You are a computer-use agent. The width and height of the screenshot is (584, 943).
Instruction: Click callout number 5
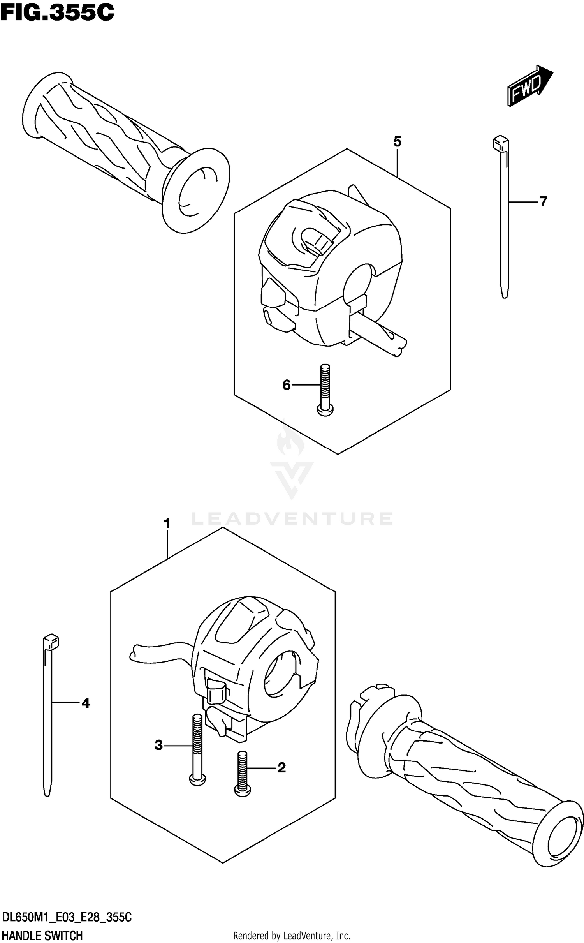[397, 142]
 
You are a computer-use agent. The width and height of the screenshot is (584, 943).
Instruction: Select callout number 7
[543, 202]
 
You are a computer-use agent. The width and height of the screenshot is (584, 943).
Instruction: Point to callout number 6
[287, 385]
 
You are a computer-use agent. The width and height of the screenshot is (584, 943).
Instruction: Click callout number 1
[167, 524]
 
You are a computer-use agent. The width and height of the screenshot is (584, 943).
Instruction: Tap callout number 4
[85, 703]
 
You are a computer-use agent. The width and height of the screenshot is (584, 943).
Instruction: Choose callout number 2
[281, 767]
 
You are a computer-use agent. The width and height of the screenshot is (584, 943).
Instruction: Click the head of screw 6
[325, 410]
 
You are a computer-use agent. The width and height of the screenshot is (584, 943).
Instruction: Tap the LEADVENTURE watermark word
[292, 519]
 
